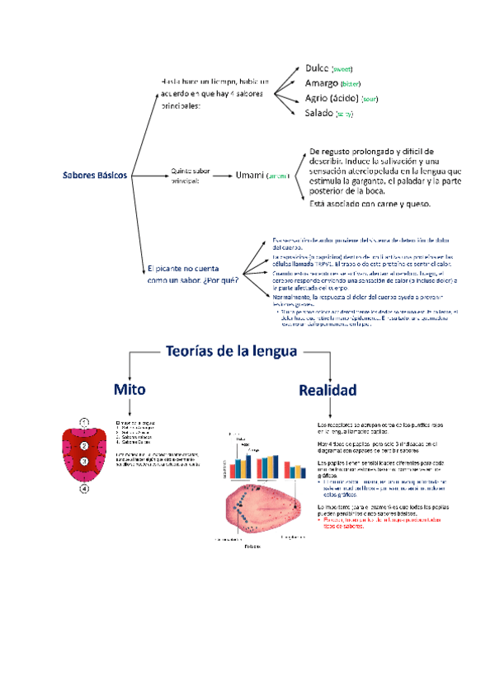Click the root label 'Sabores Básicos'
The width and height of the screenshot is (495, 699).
[x=96, y=176]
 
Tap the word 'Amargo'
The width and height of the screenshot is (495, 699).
[x=321, y=83]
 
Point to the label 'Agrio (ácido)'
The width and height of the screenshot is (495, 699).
[x=331, y=98]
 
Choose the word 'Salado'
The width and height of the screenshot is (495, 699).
[x=318, y=113]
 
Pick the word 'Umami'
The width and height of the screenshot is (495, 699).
[x=249, y=175]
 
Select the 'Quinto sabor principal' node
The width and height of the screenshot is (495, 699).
[x=190, y=175]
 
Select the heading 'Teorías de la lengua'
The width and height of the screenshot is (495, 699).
[x=230, y=351]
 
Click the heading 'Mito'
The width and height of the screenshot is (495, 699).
[x=132, y=387]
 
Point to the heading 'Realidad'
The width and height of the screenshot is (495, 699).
[x=328, y=389]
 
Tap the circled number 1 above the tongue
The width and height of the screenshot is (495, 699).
[x=84, y=422]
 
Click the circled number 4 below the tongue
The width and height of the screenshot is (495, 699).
[x=84, y=488]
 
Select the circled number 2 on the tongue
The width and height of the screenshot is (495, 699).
[x=83, y=446]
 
